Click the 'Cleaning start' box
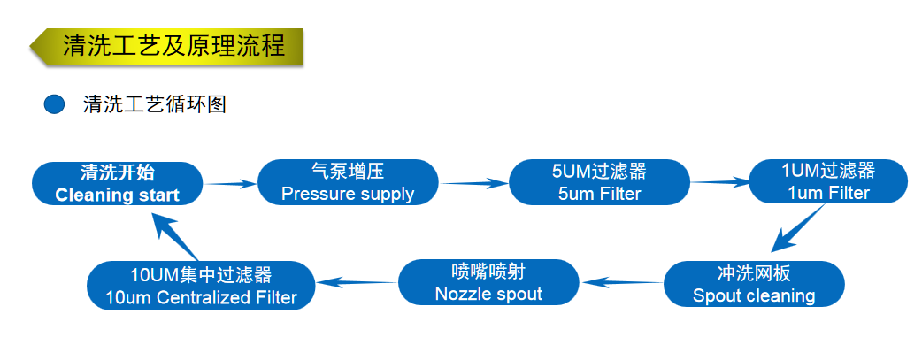coord(118,184)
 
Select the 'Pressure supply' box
coord(348,183)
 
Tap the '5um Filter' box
coord(599,183)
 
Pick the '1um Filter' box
coord(827,182)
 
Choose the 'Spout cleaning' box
coord(754,284)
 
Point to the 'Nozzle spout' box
coord(488,282)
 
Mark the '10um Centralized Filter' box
coord(202,286)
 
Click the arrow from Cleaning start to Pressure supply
coord(231,184)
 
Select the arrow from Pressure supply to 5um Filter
coord(475,183)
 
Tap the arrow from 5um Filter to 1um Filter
coord(719,183)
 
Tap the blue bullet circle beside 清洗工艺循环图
coord(55,104)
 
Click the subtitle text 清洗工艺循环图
coord(155,104)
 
